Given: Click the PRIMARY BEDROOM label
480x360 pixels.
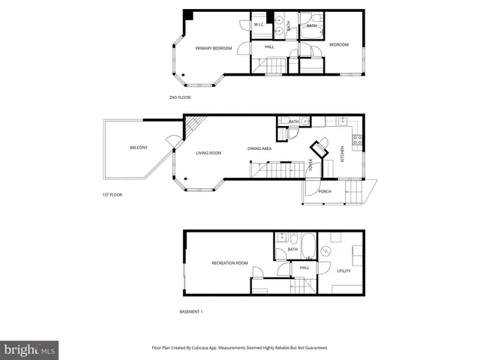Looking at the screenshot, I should pyautogui.click(x=213, y=48).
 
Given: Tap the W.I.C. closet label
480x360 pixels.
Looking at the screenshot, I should pyautogui.click(x=258, y=25).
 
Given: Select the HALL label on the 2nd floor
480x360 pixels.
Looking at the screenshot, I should pyautogui.click(x=269, y=47).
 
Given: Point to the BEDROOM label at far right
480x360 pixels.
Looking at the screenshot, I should pyautogui.click(x=339, y=45).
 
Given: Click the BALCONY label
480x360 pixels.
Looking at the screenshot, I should pyautogui.click(x=138, y=147).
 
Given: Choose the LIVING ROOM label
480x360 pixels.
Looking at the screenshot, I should pyautogui.click(x=208, y=153).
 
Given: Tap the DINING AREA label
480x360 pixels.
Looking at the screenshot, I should pyautogui.click(x=259, y=148).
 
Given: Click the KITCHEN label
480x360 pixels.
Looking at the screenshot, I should pyautogui.click(x=343, y=154).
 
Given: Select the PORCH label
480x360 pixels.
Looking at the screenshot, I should pyautogui.click(x=325, y=191).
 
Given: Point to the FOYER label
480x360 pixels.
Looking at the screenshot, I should pyautogui.click(x=310, y=166).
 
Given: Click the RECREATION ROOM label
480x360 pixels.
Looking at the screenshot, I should pyautogui.click(x=229, y=263).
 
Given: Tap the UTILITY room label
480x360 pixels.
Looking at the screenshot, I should pyautogui.click(x=343, y=271).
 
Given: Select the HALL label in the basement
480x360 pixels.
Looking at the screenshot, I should pyautogui.click(x=304, y=267).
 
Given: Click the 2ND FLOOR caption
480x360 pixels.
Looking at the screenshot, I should pyautogui.click(x=180, y=97).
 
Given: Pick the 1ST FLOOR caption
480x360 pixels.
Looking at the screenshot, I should pyautogui.click(x=112, y=195).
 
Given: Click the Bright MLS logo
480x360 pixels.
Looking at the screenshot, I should pyautogui.click(x=29, y=349).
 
